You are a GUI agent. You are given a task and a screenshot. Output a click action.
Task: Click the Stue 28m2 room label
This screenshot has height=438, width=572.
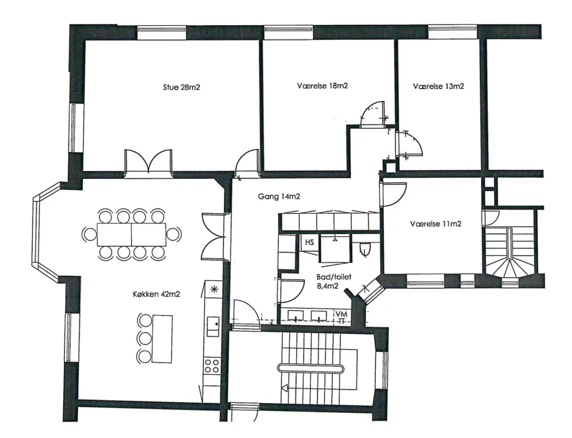181,87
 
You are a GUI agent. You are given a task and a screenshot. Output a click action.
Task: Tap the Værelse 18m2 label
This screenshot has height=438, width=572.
322,86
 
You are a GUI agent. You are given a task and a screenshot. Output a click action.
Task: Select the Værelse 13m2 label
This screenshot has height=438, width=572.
438,86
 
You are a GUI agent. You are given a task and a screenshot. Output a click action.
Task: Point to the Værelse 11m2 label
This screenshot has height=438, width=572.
436,224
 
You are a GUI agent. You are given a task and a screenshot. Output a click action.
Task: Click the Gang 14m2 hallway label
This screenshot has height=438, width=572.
279,197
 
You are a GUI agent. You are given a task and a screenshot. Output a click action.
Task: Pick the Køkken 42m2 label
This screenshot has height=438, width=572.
156,294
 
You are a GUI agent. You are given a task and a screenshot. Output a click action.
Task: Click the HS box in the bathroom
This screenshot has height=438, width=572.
309,242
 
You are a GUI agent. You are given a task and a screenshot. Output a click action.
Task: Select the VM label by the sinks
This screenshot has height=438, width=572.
342,314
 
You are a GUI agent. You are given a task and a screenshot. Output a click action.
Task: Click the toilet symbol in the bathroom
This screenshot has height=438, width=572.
365,249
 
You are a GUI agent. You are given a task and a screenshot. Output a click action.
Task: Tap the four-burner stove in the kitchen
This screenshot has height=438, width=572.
212,366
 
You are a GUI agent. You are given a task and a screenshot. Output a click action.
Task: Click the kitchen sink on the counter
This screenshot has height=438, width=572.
213,327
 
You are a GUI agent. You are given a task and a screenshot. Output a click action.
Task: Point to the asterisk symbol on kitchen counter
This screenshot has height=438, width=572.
214,289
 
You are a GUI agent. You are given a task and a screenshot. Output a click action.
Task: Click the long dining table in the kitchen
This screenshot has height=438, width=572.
132,235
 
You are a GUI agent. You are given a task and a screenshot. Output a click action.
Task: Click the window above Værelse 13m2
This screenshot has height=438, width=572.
452,32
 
